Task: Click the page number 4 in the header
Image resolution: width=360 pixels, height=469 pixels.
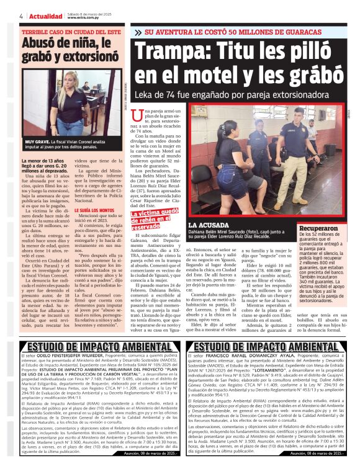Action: [x=21, y=15]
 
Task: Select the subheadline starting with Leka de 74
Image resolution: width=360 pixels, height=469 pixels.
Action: [x=228, y=96]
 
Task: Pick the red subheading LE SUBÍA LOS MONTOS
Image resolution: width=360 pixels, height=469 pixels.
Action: [x=94, y=209]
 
